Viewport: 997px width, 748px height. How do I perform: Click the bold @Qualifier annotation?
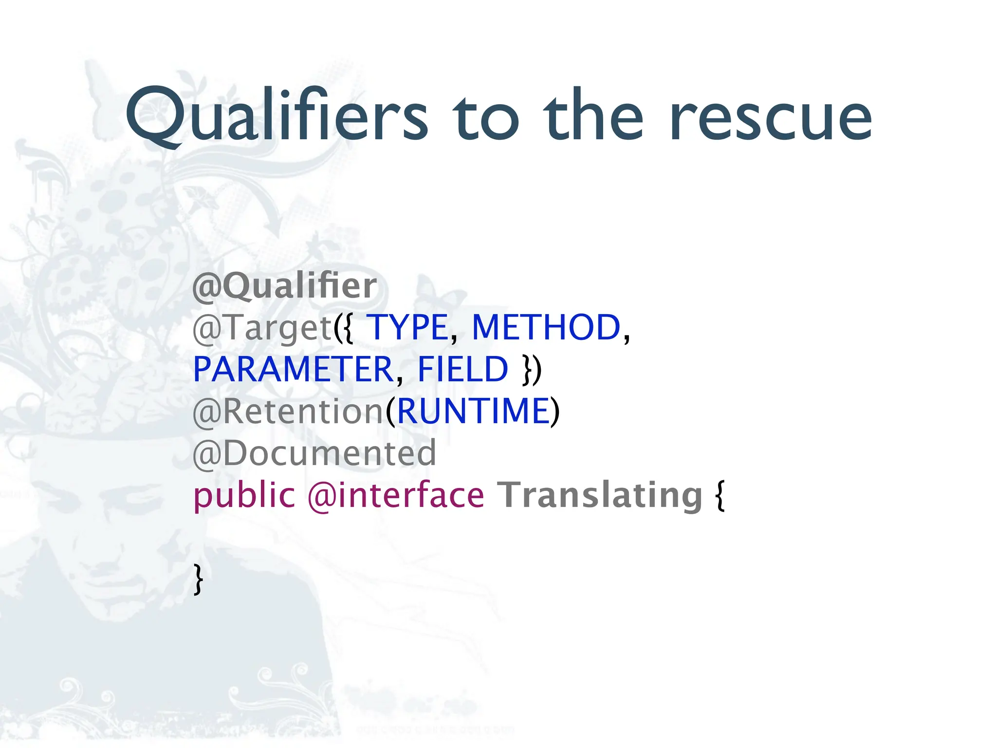[285, 286]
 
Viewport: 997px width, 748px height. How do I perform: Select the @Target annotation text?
[263, 328]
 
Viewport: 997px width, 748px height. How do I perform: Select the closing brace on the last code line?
[198, 579]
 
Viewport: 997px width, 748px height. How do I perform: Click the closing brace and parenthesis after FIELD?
[532, 370]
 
